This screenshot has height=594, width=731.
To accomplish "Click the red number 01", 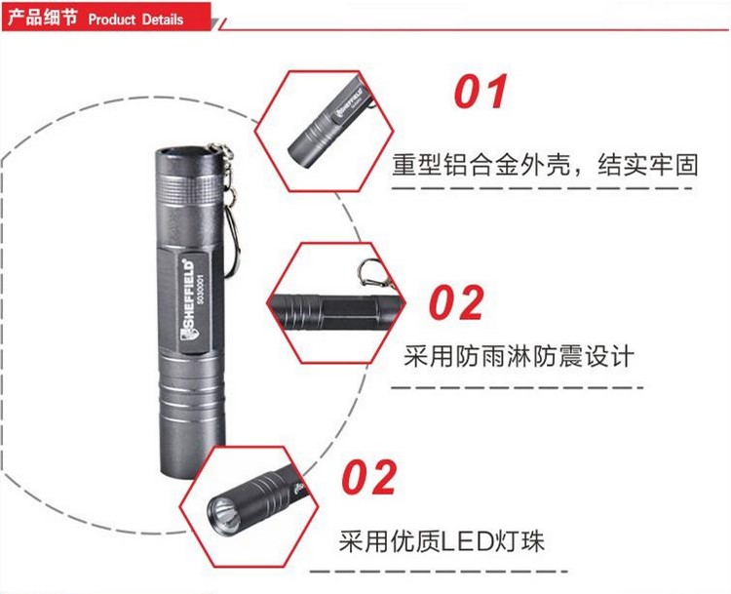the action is (x=481, y=92).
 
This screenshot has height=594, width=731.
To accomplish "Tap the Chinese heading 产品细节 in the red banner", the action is (x=43, y=19).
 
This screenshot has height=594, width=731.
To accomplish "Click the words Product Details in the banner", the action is (x=135, y=20).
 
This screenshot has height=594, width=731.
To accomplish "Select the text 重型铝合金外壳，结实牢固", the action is (x=545, y=165).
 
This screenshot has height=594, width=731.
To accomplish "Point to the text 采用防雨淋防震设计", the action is (x=519, y=357).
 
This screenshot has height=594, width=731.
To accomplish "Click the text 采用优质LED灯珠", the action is (x=442, y=542).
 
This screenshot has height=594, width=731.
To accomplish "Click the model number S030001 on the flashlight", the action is (x=201, y=290).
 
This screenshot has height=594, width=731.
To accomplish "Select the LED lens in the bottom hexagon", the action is (x=224, y=508).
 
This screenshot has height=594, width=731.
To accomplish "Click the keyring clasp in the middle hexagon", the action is (x=368, y=273).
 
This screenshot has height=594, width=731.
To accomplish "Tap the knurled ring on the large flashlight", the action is (x=189, y=190).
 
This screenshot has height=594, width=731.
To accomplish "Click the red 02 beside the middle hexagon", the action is (x=457, y=302).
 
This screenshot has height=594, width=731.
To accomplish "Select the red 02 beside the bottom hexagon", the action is (x=369, y=477).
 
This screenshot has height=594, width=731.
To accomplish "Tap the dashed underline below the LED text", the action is (x=440, y=572).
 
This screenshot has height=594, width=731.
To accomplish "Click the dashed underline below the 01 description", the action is (x=542, y=188).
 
